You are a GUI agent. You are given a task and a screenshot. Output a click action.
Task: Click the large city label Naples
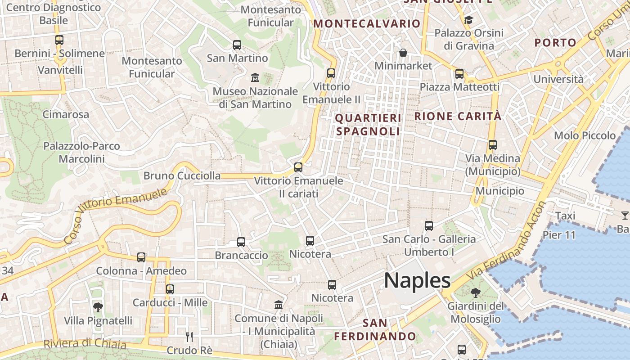[x=417, y=280]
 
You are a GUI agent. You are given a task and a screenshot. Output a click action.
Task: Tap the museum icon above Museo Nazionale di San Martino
[x=255, y=78]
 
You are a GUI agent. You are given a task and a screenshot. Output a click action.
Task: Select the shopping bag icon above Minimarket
[x=403, y=53]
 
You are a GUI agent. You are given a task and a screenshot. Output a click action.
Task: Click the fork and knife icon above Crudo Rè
[x=189, y=337]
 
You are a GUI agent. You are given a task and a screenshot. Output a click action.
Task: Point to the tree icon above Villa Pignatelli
[x=98, y=307]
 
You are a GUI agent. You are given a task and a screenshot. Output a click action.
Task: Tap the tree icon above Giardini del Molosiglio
[x=475, y=293]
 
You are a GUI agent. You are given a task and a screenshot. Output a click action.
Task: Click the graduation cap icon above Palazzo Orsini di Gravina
[x=468, y=20]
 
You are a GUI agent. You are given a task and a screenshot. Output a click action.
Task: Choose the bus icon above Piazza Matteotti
[x=459, y=74]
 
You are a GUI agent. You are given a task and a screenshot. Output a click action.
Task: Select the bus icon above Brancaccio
[x=241, y=242]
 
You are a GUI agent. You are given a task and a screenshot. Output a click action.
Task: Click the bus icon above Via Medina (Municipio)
[x=493, y=145]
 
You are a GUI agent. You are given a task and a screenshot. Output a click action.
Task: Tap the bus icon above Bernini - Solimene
[x=59, y=40]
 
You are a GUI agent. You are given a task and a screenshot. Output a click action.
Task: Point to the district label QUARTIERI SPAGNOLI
[x=368, y=125]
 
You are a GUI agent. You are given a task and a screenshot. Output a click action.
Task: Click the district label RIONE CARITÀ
[x=458, y=116]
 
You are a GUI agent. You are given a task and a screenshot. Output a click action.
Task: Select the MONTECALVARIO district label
[x=367, y=24]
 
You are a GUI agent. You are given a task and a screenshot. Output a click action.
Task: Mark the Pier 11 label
[x=559, y=235]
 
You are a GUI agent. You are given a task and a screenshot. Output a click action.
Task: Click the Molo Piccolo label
[x=585, y=135]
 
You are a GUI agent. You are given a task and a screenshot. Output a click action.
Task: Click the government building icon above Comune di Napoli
[x=279, y=305]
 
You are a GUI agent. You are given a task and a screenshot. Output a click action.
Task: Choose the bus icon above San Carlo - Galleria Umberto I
[x=429, y=226]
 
